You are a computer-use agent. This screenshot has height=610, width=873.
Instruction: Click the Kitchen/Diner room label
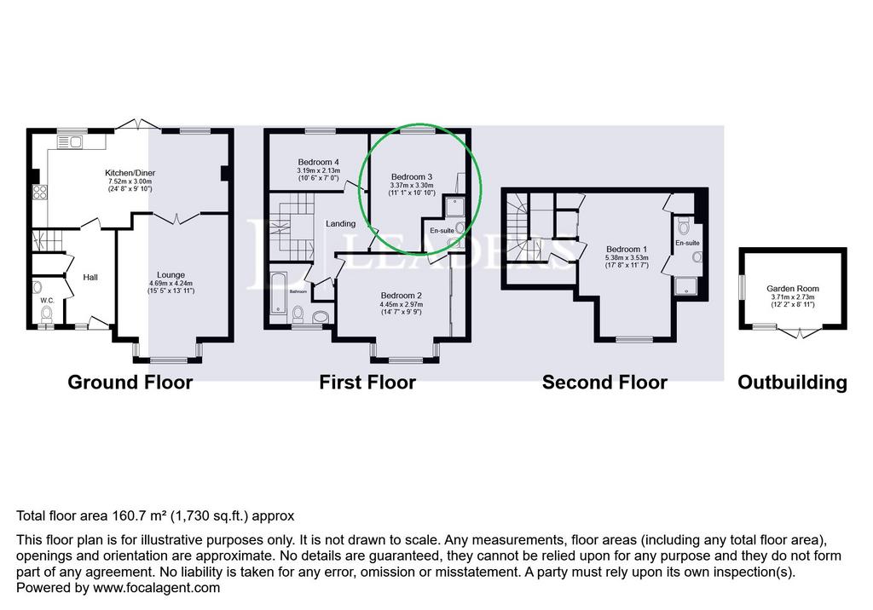coord(130,173)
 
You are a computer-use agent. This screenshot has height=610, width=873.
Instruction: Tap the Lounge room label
coord(171,275)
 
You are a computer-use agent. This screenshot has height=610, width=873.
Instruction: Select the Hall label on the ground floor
coord(90,277)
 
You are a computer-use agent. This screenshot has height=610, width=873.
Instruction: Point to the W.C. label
coord(48,301)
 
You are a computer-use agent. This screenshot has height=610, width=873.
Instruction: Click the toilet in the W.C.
coord(47,314)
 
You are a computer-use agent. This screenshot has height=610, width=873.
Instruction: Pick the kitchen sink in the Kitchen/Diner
coord(70,142)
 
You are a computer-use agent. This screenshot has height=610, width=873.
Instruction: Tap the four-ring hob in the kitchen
coord(39,192)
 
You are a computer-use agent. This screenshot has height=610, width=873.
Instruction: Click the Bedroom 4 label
coord(319,162)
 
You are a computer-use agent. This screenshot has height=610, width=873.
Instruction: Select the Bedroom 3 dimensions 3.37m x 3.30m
coord(412,186)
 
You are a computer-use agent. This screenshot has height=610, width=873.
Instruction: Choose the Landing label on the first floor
coord(341,224)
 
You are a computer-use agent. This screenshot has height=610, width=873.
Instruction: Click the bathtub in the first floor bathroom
coord(279,293)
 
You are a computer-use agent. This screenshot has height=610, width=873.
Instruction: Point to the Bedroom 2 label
coord(402,296)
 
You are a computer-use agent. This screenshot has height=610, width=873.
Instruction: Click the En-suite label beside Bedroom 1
coord(688,243)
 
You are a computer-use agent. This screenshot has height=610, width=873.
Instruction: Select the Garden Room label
coord(793,288)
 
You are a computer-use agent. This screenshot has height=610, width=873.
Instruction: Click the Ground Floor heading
coord(130,383)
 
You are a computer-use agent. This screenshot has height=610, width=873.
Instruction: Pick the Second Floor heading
coord(604,383)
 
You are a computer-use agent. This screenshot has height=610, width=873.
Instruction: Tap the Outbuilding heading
coord(792,383)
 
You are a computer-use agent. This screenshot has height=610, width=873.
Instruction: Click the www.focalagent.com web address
coord(157,588)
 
